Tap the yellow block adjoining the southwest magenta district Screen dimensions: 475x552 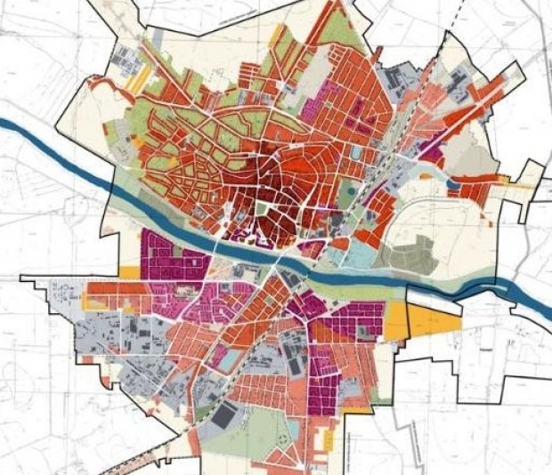(x=130, y=274)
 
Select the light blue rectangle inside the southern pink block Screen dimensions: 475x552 (x=229, y=359)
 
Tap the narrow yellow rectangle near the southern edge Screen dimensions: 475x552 (x=329, y=439)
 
